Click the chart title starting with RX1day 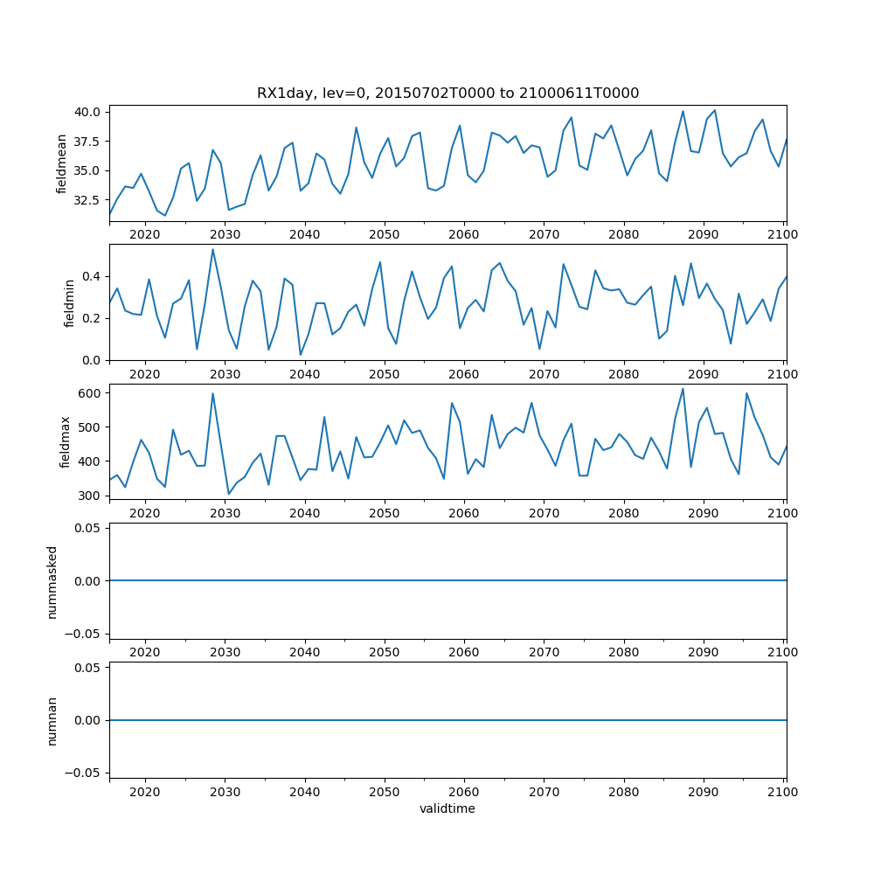447,93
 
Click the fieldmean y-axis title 62,163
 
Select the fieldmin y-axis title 70,302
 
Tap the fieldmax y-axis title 65,441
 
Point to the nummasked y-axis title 52,580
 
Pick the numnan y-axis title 52,720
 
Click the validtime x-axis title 447,808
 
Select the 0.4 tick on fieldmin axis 93,276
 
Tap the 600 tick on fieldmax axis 90,393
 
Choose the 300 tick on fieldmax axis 90,496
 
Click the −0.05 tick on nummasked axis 83,633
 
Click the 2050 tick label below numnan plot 384,791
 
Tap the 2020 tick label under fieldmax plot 144,513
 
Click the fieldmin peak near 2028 212,249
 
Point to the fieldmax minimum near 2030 229,495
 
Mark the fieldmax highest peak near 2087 683,389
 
